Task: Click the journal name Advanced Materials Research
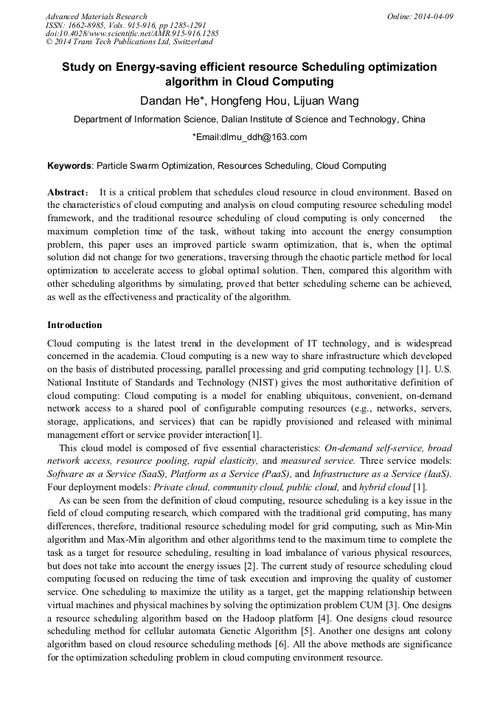point(96,16)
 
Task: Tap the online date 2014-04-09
point(433,16)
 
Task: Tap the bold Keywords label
point(69,167)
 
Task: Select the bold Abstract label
point(67,192)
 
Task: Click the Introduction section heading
point(74,325)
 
